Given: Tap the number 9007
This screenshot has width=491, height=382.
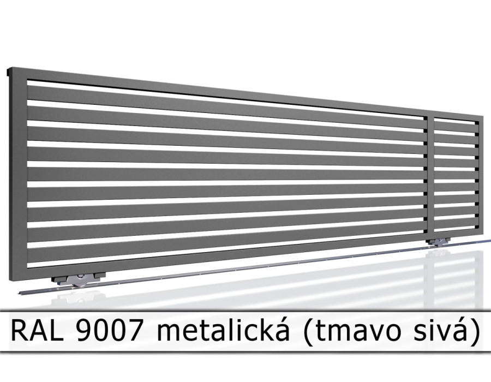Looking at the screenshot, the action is click(x=108, y=331).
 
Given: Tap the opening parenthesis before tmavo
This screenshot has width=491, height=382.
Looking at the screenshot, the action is click(x=308, y=331).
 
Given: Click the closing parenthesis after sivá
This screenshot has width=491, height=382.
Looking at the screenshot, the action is click(x=474, y=331).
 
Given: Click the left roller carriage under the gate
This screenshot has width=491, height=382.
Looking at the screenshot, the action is click(x=77, y=279).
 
